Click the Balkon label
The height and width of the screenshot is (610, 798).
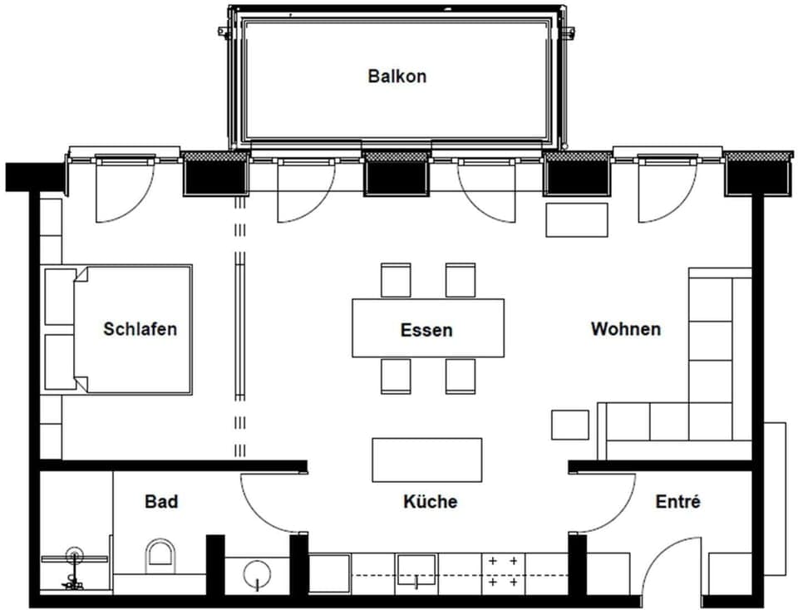[397, 76]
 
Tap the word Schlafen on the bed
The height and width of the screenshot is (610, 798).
[140, 329]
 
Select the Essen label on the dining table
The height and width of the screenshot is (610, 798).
[426, 330]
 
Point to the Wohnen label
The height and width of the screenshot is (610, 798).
[625, 329]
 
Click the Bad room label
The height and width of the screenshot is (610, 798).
[161, 502]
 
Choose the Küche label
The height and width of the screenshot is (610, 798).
[430, 502]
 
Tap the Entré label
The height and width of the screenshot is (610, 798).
[677, 502]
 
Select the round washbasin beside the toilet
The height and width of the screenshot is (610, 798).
[256, 573]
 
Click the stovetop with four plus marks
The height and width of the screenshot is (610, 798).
[503, 572]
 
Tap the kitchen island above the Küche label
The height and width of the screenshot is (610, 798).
[426, 460]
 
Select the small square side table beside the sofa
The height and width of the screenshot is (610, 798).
[569, 425]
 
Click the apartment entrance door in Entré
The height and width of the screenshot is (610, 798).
[669, 565]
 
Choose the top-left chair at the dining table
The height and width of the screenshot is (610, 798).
[396, 280]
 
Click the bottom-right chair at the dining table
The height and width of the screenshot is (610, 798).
[460, 376]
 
